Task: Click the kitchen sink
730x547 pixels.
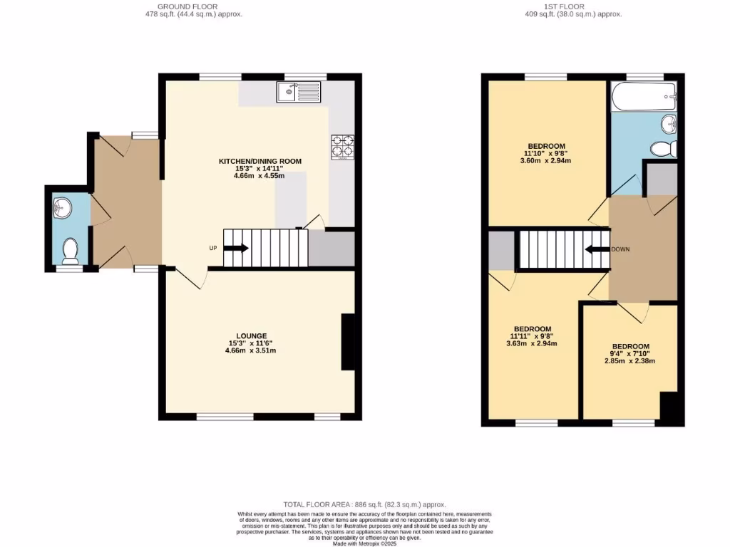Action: tap(300, 90)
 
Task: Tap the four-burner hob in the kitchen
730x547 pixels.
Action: tap(341, 146)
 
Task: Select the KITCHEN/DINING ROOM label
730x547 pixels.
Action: tap(260, 162)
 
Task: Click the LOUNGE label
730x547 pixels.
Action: tap(252, 335)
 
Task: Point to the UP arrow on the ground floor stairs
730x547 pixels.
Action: tap(236, 248)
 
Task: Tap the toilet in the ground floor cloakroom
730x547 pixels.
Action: tap(70, 250)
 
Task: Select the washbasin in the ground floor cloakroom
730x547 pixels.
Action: tap(61, 209)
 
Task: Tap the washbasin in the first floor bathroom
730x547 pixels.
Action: tap(669, 124)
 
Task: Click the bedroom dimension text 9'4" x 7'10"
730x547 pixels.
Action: tap(629, 354)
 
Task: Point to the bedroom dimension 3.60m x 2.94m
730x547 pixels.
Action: tap(547, 160)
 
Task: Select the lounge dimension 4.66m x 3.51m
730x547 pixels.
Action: tap(251, 350)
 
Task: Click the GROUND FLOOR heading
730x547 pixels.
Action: tap(187, 6)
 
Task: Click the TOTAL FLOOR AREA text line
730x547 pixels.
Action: tap(364, 504)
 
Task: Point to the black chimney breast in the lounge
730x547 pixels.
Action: tap(349, 342)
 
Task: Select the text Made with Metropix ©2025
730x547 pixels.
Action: tap(364, 543)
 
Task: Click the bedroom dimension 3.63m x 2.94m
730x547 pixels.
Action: tap(532, 343)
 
